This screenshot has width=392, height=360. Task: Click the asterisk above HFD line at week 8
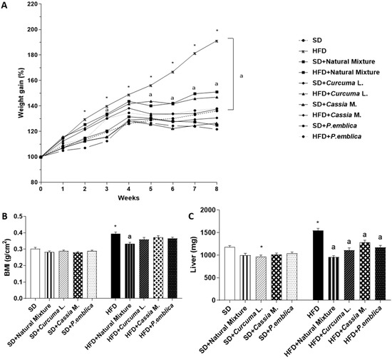click(217, 31)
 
